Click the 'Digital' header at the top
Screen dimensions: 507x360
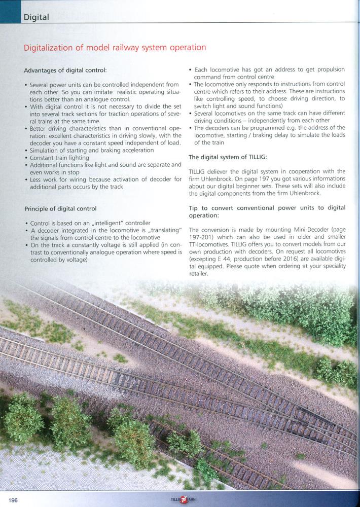(x=35, y=17)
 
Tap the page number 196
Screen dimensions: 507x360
(x=13, y=500)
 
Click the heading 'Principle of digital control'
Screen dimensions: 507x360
(x=60, y=208)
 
